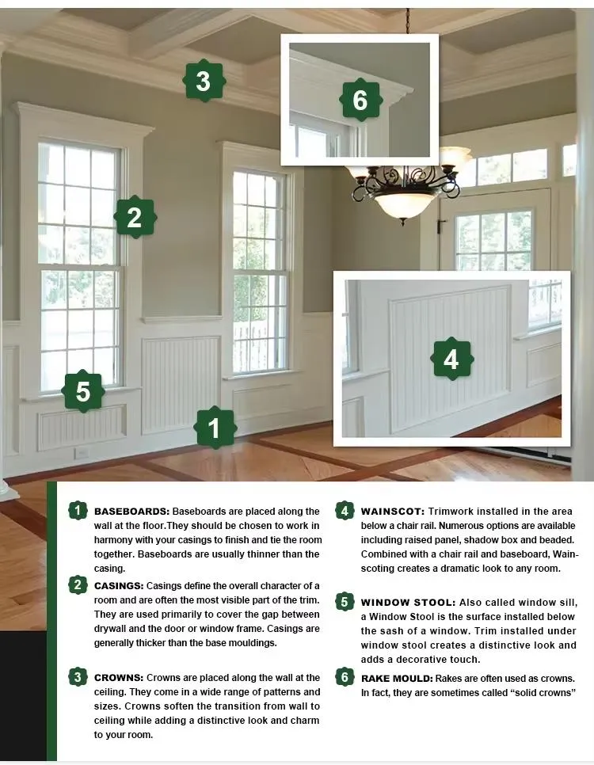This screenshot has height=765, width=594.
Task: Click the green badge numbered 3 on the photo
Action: [x=204, y=81]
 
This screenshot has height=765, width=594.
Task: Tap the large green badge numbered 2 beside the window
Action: [x=135, y=217]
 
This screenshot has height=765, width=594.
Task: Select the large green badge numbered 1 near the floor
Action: [x=215, y=428]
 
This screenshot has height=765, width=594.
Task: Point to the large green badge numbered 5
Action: [x=83, y=390]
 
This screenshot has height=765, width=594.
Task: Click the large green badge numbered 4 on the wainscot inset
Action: [x=451, y=359]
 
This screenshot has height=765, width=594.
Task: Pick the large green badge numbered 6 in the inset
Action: [x=360, y=100]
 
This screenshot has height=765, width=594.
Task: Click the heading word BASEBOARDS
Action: [x=131, y=512]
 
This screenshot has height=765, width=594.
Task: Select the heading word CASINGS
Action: [x=119, y=585]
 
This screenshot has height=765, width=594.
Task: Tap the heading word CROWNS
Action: [x=119, y=678]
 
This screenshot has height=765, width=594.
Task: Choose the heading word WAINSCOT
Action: [x=393, y=512]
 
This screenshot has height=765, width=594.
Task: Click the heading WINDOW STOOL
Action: [x=408, y=602]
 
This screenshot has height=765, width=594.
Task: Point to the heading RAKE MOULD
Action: [x=397, y=678]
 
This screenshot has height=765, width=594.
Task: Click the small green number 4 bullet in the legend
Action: [x=345, y=511]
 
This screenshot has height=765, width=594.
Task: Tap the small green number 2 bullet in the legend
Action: [x=78, y=584]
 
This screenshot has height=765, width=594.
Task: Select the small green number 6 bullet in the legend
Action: [x=345, y=676]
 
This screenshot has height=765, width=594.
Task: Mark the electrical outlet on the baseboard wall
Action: [x=82, y=453]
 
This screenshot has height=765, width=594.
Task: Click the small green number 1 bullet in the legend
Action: [x=78, y=511]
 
